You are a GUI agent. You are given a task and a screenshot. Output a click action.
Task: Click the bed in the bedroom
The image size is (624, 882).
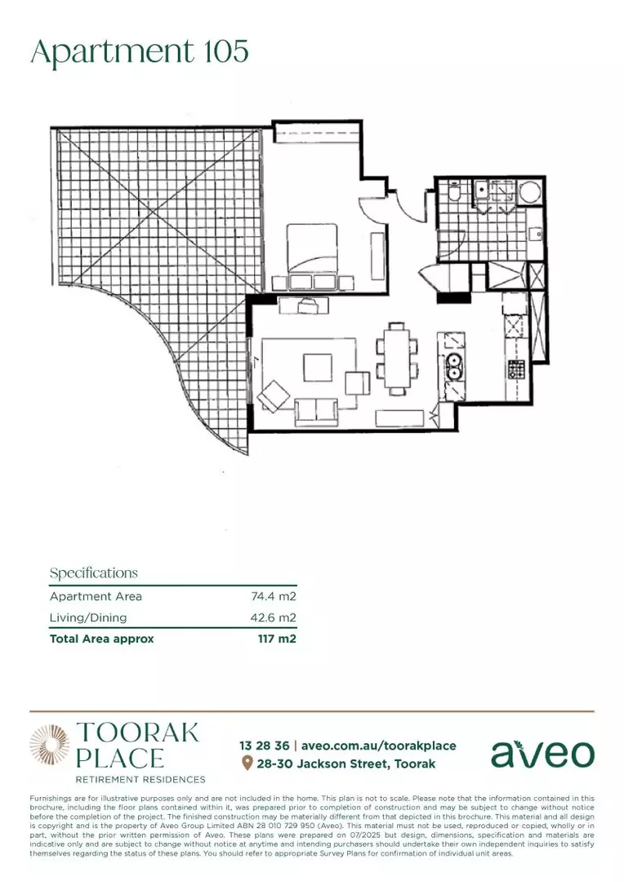[310, 248]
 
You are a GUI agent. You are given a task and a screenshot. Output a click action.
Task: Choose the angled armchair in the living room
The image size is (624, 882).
[273, 397]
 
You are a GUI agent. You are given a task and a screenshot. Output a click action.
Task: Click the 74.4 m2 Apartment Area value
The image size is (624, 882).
[273, 597]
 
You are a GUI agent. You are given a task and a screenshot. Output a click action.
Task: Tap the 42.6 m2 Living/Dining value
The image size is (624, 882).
[273, 618]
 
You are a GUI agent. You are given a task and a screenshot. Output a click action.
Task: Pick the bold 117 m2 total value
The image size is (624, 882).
[277, 639]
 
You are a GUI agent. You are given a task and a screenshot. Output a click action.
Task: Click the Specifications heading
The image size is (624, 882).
[94, 573]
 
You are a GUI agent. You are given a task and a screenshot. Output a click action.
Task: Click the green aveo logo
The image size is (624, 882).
[542, 753]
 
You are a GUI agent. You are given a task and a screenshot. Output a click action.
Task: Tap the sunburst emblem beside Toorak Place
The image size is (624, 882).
[50, 746]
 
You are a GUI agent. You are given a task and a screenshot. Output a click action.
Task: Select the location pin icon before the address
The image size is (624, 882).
[247, 764]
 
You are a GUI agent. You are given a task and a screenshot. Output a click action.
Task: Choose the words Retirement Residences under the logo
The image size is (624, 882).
[140, 780]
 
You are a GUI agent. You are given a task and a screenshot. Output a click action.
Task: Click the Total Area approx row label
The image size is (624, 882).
[102, 639]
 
